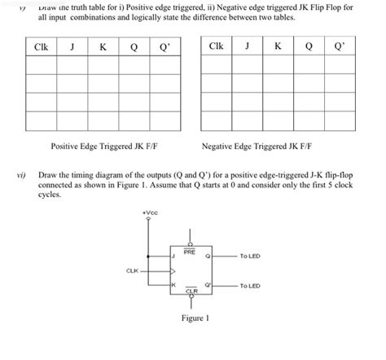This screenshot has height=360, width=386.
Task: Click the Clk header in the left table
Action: (x=41, y=47)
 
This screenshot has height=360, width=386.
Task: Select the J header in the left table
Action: (x=72, y=47)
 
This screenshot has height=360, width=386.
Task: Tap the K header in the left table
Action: (x=103, y=47)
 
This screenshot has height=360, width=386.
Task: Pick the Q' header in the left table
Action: (x=164, y=47)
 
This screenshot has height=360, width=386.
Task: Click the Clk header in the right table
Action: (x=215, y=47)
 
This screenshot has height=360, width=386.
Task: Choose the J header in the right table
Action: (x=247, y=47)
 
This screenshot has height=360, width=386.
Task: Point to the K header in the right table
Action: (x=278, y=47)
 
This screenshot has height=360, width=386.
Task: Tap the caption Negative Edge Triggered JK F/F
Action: (x=262, y=147)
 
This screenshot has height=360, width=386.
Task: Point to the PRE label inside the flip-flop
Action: (x=189, y=252)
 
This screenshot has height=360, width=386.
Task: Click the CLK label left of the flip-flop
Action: (x=131, y=270)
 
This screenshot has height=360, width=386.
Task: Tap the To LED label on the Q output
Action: (x=249, y=256)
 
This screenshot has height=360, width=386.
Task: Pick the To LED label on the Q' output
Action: (x=249, y=286)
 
